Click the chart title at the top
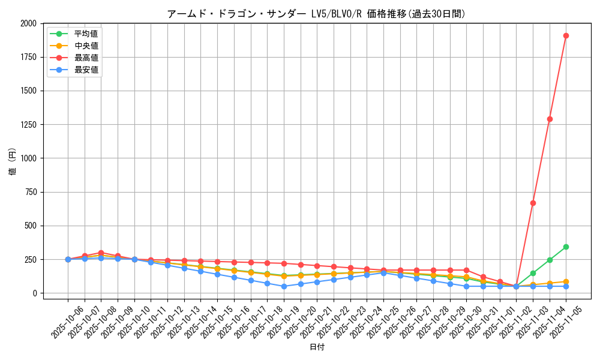tap(316, 14)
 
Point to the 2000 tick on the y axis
tap(28, 23)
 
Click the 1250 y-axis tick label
tap(28, 125)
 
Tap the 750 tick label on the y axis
tap(31, 192)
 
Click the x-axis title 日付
tap(317, 347)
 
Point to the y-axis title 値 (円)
tap(12, 161)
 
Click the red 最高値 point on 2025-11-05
tap(566, 35)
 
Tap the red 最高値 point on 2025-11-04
tap(550, 119)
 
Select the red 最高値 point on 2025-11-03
tap(533, 203)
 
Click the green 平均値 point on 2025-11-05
tap(566, 247)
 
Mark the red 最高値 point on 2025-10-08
tap(101, 253)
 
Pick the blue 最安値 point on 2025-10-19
tap(284, 286)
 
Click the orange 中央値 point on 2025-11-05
tap(566, 281)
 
